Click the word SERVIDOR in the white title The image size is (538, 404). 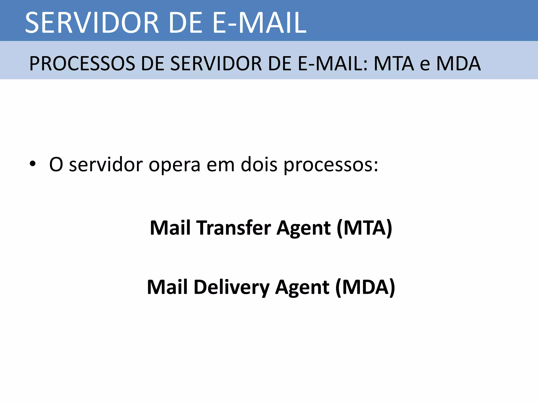tap(92, 23)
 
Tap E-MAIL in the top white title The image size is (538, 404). tap(259, 23)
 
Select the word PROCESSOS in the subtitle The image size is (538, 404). tap(82, 64)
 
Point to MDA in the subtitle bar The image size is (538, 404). tap(458, 64)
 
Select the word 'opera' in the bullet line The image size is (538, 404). tap(174, 165)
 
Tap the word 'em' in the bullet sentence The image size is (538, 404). tap(220, 165)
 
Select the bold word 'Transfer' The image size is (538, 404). tap(234, 228)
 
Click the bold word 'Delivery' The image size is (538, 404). tap(231, 287)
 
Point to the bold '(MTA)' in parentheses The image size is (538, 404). tap(364, 228)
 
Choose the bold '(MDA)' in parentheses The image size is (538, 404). tap(365, 287)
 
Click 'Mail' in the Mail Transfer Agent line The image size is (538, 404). tap(170, 228)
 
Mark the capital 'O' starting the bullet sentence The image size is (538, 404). tap(56, 165)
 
